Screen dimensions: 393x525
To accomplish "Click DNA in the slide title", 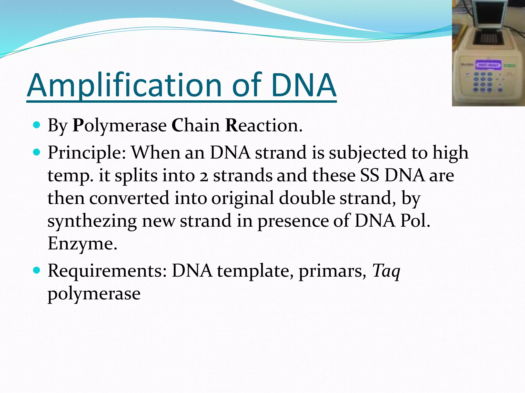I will coord(304,86).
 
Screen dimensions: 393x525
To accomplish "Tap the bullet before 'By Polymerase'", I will coord(37,125).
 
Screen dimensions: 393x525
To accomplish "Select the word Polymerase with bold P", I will coord(119,126).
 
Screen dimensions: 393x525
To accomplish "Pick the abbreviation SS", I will coord(369,176).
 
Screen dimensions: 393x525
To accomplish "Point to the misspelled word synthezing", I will coord(92,222).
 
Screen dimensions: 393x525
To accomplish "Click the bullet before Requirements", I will coord(37,270).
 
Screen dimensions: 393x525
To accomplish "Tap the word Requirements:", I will coord(107,271).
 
